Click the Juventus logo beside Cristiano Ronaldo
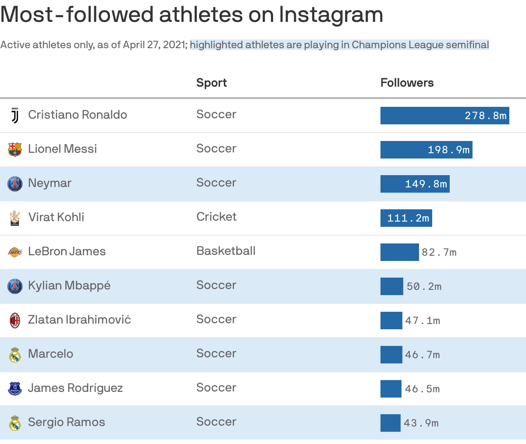(x=15, y=115)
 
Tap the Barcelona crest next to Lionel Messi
(x=15, y=149)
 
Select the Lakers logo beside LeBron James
(x=15, y=252)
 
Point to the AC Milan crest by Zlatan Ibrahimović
(x=15, y=320)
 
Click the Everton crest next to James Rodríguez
(x=15, y=388)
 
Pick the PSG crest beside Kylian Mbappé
(x=15, y=286)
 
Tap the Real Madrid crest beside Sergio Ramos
(x=15, y=423)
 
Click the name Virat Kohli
(x=56, y=217)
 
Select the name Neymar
(x=50, y=183)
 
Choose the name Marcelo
(x=50, y=354)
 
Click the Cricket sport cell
(x=216, y=217)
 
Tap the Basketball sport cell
(x=226, y=251)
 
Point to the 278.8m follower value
(x=485, y=116)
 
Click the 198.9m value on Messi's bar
(x=448, y=150)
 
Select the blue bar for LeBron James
(x=399, y=252)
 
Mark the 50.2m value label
(x=424, y=286)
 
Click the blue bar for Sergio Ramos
(x=390, y=423)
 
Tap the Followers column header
(x=407, y=83)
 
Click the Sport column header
(x=211, y=83)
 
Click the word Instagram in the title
(x=331, y=14)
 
